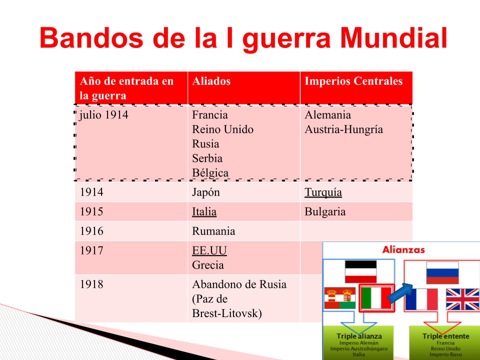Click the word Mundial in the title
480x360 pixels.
(x=393, y=38)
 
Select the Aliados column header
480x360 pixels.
(x=211, y=81)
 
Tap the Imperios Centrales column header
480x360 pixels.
(x=353, y=81)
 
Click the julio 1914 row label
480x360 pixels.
(x=104, y=115)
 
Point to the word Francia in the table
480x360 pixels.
(x=210, y=115)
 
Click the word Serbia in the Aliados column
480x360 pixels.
(x=207, y=158)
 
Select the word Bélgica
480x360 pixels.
(x=210, y=173)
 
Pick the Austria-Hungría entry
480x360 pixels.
(x=344, y=129)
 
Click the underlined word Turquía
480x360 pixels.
(x=323, y=192)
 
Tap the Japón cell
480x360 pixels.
(x=206, y=192)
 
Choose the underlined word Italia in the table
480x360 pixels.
(x=204, y=211)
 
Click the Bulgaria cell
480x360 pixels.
(x=325, y=212)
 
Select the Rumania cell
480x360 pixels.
(x=213, y=231)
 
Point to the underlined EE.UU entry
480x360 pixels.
(x=209, y=250)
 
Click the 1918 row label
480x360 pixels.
(x=91, y=284)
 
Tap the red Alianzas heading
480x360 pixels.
(x=403, y=250)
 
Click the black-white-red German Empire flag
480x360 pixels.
(x=360, y=271)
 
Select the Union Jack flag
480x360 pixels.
(x=462, y=299)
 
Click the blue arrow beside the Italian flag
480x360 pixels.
(x=400, y=293)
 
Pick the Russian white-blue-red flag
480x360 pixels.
(x=442, y=273)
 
